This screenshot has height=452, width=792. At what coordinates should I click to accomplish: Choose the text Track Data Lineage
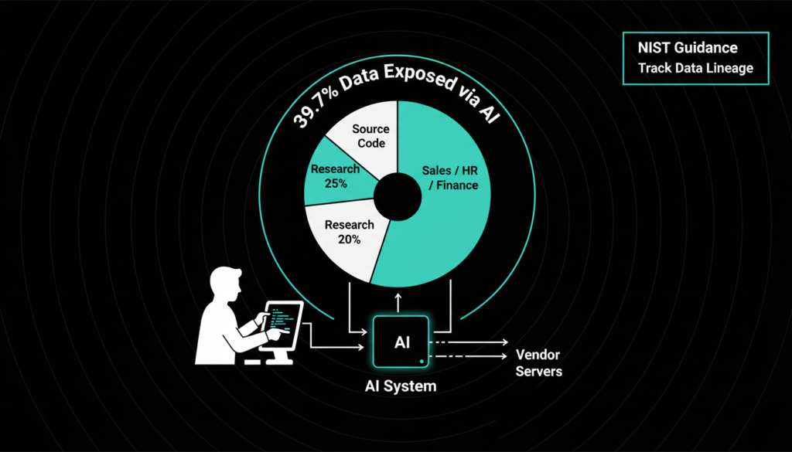click(695, 68)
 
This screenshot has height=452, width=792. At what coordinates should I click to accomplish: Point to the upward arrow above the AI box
click(398, 301)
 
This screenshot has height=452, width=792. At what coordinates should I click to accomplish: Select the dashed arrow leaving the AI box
click(464, 356)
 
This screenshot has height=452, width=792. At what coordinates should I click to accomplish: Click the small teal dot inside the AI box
click(420, 359)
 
